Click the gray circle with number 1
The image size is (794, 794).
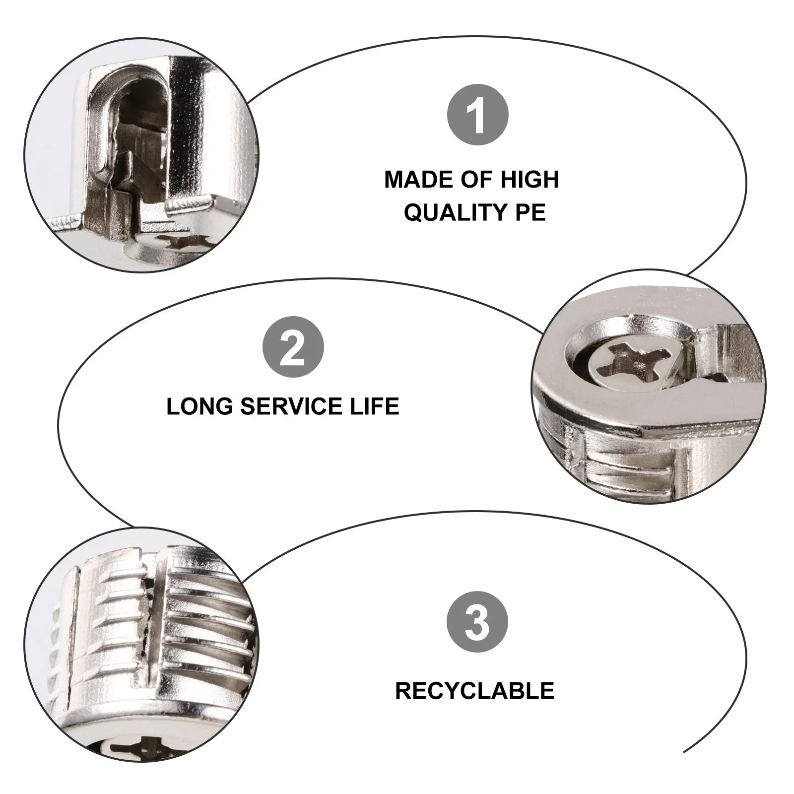[478, 116]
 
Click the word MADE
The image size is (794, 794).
[415, 179]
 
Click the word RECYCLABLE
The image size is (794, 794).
[474, 691]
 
